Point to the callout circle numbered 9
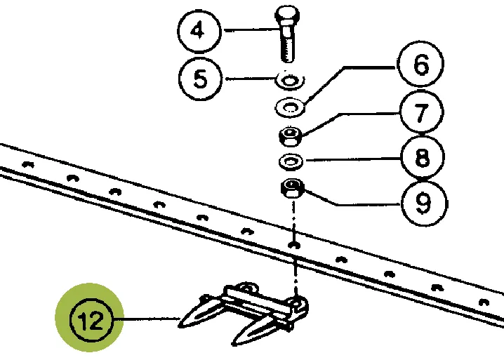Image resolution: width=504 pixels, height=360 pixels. click(x=421, y=204)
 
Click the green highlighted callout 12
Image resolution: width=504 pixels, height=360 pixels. click(x=90, y=320)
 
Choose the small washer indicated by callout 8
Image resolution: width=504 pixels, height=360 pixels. click(x=290, y=161)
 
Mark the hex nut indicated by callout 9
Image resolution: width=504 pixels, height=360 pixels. click(x=291, y=189)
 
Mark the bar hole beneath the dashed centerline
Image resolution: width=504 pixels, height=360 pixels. click(x=293, y=245)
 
